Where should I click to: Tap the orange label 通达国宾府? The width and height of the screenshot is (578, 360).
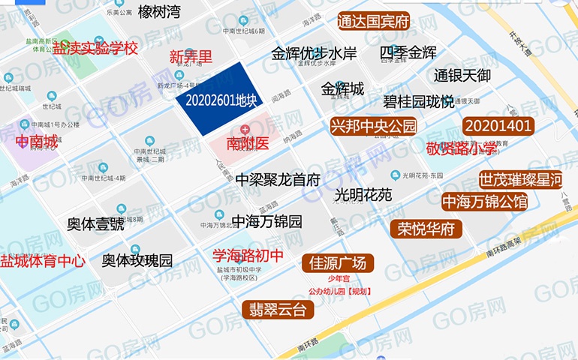pyautogui.click(x=373, y=21)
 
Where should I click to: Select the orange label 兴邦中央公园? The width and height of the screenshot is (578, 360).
pyautogui.click(x=373, y=125)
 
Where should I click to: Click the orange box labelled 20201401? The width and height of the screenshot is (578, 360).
pyautogui.click(x=498, y=125)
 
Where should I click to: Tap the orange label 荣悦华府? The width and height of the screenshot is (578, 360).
pyautogui.click(x=426, y=229)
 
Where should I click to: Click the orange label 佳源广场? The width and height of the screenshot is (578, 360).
pyautogui.click(x=338, y=262)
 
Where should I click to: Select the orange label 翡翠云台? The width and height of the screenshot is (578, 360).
pyautogui.click(x=278, y=309)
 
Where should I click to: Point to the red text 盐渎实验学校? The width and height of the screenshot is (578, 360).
pyautogui.click(x=95, y=49)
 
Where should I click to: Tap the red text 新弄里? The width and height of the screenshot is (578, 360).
pyautogui.click(x=191, y=56)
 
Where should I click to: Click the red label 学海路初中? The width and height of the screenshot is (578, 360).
pyautogui.click(x=248, y=256)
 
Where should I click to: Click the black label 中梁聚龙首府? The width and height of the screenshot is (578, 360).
pyautogui.click(x=278, y=180)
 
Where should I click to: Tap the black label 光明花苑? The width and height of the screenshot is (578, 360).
pyautogui.click(x=363, y=195)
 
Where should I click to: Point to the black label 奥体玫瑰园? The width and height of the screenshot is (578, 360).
pyautogui.click(x=137, y=261)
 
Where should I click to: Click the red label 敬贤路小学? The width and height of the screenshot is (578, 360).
pyautogui.click(x=461, y=148)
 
